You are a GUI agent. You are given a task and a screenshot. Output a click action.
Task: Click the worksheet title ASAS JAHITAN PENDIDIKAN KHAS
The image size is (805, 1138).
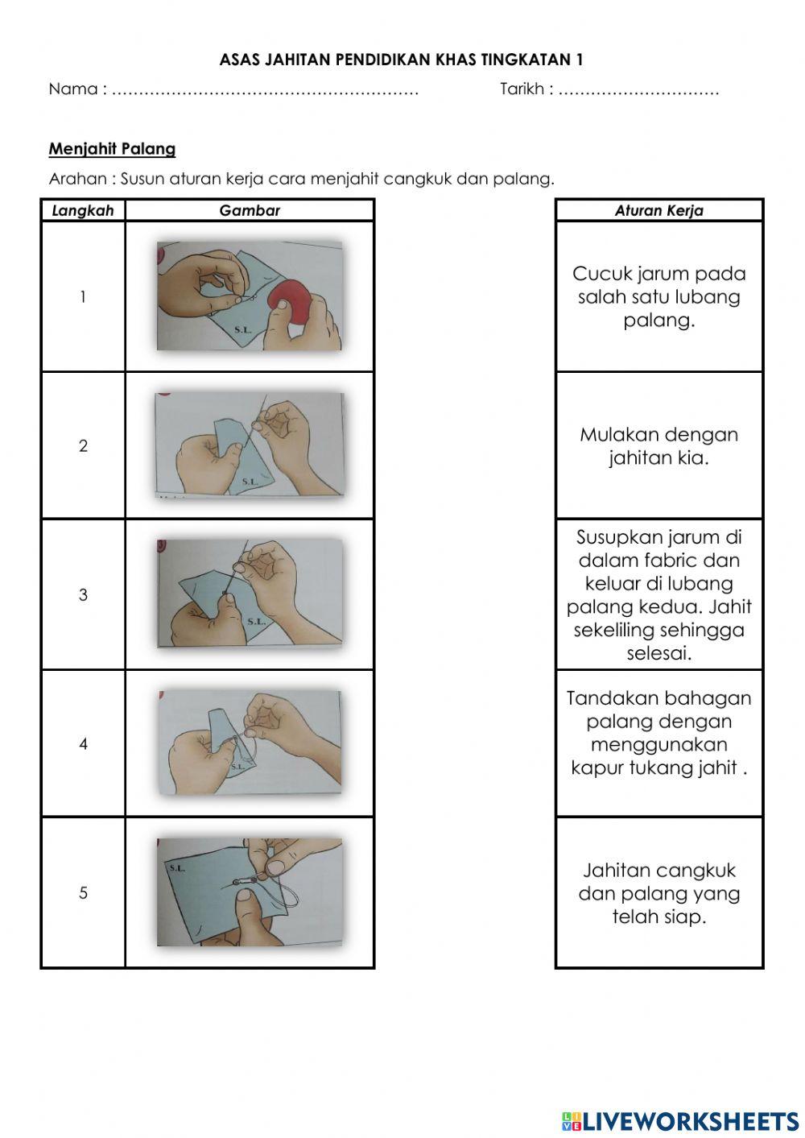[x=401, y=60]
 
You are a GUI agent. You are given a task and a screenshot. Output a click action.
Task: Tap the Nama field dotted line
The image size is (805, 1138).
[x=265, y=90]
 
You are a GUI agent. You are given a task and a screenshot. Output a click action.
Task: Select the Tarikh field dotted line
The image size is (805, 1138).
[x=638, y=90]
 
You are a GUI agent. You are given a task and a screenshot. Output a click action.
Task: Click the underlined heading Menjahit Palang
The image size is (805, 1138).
[x=112, y=149]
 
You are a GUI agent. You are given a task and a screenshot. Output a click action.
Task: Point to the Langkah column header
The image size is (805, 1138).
[x=83, y=210]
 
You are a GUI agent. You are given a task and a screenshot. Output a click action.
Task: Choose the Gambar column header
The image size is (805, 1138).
[x=250, y=210]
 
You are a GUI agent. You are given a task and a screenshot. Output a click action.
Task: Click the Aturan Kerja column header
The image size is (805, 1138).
[x=658, y=210]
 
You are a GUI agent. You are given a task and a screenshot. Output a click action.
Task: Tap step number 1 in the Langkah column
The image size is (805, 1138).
[x=83, y=297]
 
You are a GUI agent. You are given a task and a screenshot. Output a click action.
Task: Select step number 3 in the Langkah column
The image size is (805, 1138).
[x=83, y=595]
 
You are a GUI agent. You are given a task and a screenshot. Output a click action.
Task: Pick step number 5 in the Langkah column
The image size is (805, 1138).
[x=83, y=892]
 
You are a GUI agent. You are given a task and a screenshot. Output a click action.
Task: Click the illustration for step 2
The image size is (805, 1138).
[x=250, y=445]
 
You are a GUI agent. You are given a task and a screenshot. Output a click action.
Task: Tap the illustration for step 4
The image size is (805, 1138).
[x=250, y=743]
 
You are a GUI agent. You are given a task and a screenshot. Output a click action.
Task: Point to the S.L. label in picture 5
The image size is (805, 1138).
[x=177, y=867]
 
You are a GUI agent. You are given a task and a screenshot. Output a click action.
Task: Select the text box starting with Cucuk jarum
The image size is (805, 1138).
[x=658, y=296]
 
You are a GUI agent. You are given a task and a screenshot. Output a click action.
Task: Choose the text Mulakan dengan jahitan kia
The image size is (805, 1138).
[x=658, y=446]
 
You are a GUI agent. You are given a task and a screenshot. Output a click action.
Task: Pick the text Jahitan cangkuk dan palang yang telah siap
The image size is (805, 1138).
[x=658, y=893]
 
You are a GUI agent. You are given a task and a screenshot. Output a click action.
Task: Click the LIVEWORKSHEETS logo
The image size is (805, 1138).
[x=680, y=1120]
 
